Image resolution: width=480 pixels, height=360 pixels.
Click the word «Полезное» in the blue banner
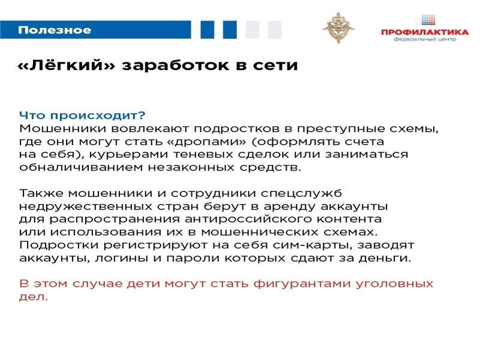click(x=55, y=30)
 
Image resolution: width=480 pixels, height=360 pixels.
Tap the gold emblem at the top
click(x=338, y=28)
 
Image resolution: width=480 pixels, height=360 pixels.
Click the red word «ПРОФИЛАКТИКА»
click(x=425, y=32)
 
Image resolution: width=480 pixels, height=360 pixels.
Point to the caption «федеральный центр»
click(x=425, y=39)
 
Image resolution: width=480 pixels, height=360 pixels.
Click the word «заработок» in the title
click(x=175, y=65)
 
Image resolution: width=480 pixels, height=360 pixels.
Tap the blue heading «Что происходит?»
click(x=82, y=115)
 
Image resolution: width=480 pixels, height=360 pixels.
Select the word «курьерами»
click(x=128, y=155)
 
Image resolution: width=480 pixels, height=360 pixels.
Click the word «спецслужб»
click(x=302, y=194)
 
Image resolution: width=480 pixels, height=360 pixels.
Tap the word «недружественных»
click(x=86, y=206)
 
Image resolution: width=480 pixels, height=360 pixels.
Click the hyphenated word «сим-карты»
click(x=312, y=245)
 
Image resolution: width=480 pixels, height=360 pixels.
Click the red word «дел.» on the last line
click(x=34, y=297)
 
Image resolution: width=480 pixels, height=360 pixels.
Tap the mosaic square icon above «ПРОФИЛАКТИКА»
click(x=428, y=20)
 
